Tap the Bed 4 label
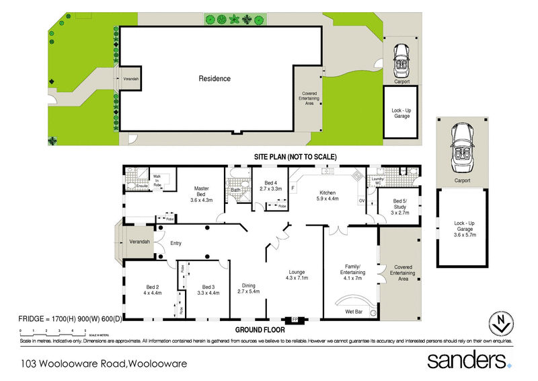[x=270, y=182]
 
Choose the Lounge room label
[x=296, y=272]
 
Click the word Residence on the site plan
[x=215, y=79]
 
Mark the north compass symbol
[x=499, y=324]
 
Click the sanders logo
[x=469, y=359]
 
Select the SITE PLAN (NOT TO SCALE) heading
[x=295, y=157]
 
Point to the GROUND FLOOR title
[x=260, y=331]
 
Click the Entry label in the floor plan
[x=176, y=243]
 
